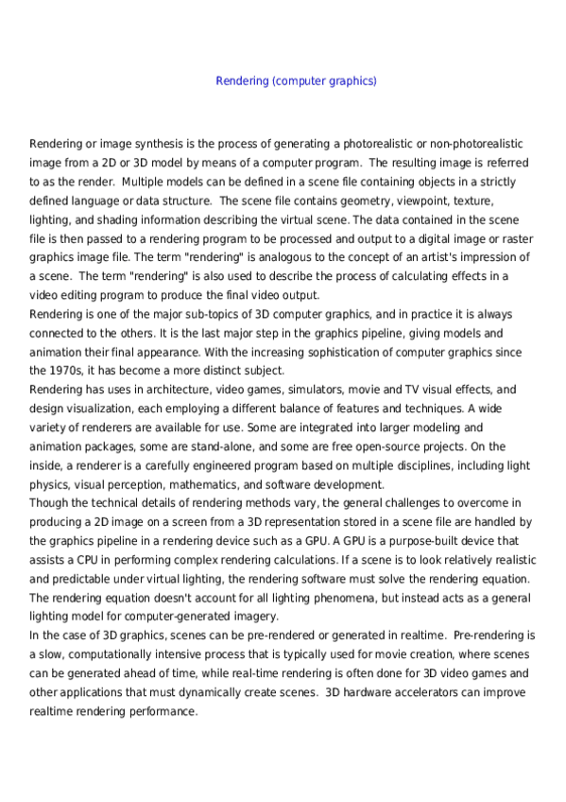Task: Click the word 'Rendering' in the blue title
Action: pyautogui.click(x=241, y=80)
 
